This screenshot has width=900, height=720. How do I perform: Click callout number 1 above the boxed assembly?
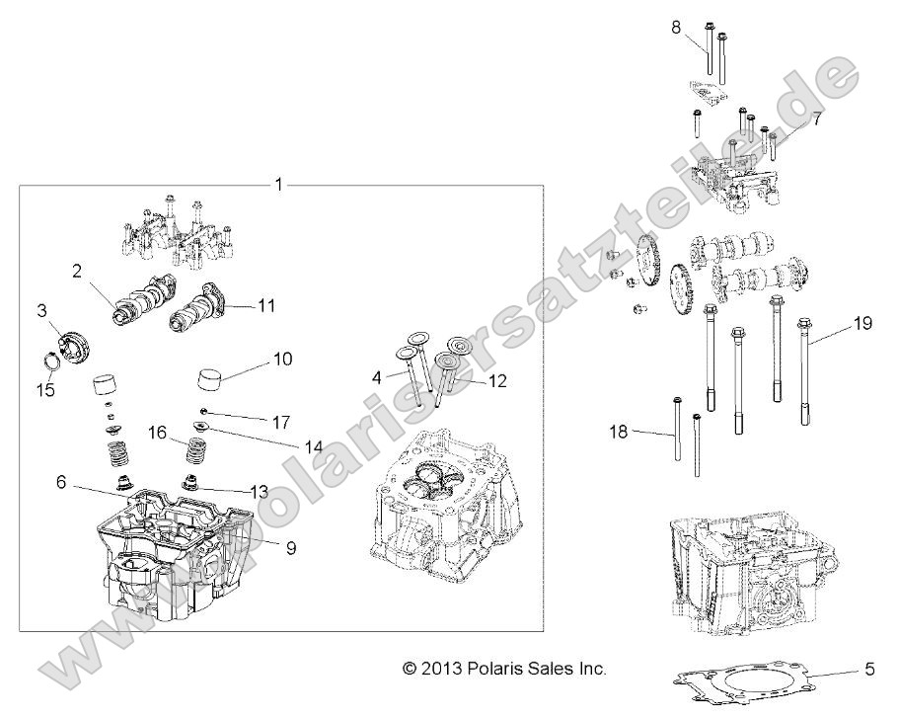pyautogui.click(x=279, y=185)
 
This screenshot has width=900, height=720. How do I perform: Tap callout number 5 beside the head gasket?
pyautogui.click(x=869, y=669)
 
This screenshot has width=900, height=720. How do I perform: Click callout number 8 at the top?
pyautogui.click(x=675, y=28)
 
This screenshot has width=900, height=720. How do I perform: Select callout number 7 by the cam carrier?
pyautogui.click(x=816, y=119)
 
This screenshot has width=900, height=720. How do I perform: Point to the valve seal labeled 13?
pyautogui.click(x=188, y=485)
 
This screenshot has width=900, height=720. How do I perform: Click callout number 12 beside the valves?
pyautogui.click(x=496, y=380)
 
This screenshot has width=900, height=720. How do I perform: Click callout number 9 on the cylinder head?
pyautogui.click(x=291, y=545)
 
